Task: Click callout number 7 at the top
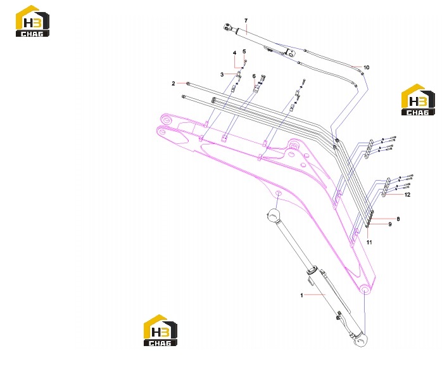(246, 21)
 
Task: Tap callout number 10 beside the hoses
(366, 67)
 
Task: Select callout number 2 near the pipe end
(174, 84)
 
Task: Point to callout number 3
(222, 74)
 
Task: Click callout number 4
(234, 53)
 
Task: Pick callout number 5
(244, 51)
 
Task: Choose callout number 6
(254, 76)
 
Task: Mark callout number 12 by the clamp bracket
(407, 195)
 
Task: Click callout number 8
(398, 219)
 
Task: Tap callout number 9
(390, 224)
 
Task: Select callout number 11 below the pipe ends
(369, 242)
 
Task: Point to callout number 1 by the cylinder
(301, 295)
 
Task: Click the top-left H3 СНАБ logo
(32, 21)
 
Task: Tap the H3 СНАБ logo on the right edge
(418, 100)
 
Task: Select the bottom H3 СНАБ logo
(160, 330)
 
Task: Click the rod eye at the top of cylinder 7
(228, 27)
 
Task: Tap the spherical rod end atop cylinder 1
(273, 215)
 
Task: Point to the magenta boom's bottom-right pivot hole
(365, 290)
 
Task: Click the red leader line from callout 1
(315, 295)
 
